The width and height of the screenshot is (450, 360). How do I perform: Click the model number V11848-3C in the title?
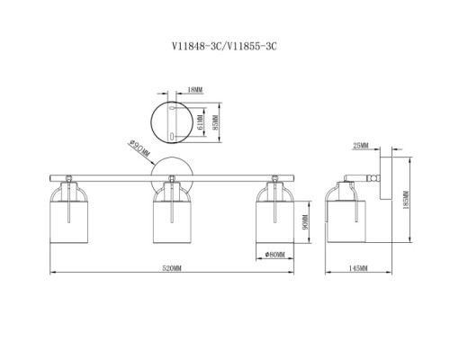(x=196, y=47)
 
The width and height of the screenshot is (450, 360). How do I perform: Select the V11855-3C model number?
(x=251, y=47)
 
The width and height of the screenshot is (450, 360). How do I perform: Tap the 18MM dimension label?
(x=195, y=89)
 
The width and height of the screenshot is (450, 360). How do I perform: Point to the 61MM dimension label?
(x=201, y=123)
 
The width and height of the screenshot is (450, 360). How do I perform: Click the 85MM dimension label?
(x=216, y=123)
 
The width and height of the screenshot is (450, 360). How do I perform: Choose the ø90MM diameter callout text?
(x=139, y=149)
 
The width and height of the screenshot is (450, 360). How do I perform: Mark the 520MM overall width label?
(x=172, y=268)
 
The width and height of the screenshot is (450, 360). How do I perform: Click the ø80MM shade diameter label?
(x=275, y=255)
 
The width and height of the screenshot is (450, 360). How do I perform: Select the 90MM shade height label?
(x=306, y=222)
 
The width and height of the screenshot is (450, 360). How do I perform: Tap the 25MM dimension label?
(x=361, y=146)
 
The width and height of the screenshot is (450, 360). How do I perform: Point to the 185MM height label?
(x=407, y=200)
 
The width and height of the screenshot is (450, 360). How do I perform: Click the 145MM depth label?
(x=358, y=268)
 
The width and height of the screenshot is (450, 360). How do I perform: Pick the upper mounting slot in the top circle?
(x=172, y=108)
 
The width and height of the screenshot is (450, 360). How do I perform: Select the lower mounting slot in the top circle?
(x=171, y=137)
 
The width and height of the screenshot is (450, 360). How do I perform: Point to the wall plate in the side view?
(x=386, y=178)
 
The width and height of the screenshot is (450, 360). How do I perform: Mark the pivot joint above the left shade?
(x=68, y=178)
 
